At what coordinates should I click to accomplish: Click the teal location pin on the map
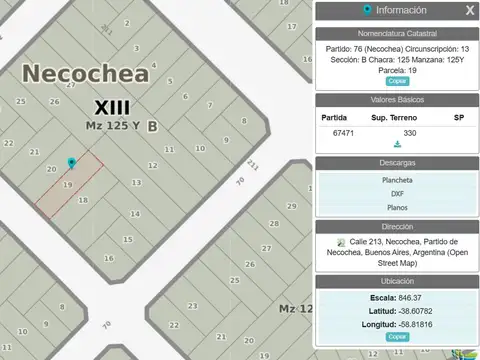[70, 163]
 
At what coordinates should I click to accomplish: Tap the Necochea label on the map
[86, 73]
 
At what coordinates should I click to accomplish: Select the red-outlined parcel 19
[69, 184]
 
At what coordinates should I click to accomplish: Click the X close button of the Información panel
[470, 10]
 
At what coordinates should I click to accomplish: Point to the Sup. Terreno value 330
[409, 132]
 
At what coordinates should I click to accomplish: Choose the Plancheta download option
[397, 180]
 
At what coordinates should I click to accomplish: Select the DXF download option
[397, 194]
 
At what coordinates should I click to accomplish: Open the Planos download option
[397, 208]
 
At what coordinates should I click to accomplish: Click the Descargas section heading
[397, 162]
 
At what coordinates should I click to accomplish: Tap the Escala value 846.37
[409, 298]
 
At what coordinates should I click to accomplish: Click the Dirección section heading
[397, 227]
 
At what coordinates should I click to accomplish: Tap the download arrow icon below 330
[397, 145]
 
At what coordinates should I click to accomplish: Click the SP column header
[459, 117]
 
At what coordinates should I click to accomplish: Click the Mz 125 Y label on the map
[112, 126]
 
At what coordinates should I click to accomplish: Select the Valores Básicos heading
[397, 99]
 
